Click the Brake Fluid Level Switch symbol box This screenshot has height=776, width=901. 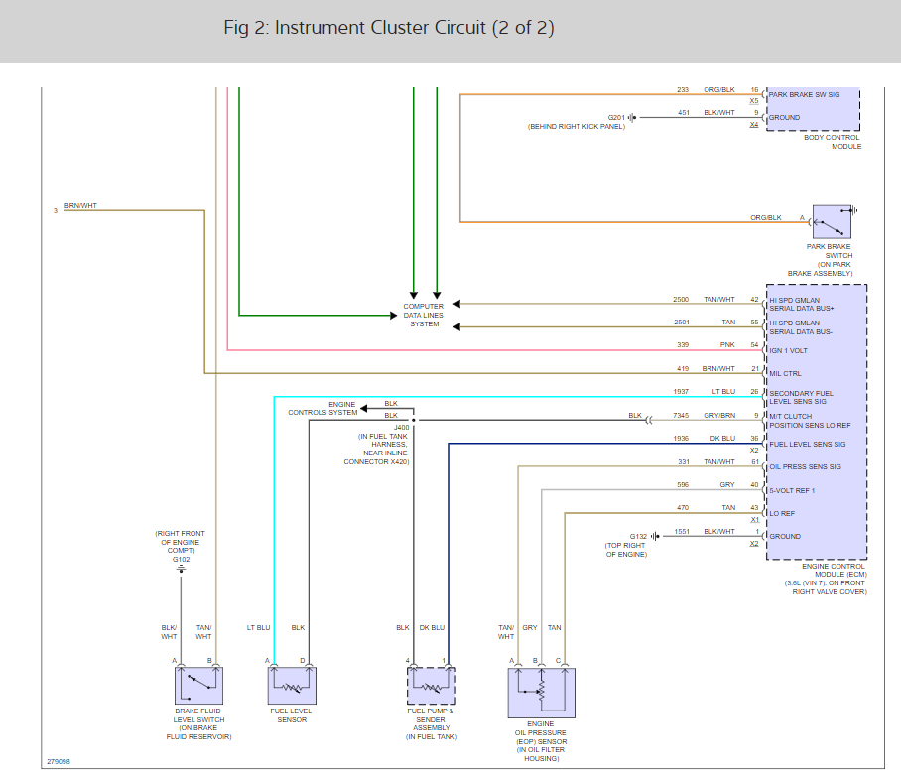pyautogui.click(x=198, y=685)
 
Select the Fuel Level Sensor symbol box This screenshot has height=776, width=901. pyautogui.click(x=292, y=685)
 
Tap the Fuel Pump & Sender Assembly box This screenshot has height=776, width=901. pyautogui.click(x=431, y=686)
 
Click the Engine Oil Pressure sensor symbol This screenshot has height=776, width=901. pyautogui.click(x=541, y=693)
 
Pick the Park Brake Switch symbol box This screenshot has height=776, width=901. pyautogui.click(x=832, y=222)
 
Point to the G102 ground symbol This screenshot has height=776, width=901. pyautogui.click(x=181, y=569)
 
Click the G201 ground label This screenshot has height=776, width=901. pyautogui.click(x=616, y=118)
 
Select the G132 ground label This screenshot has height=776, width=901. pyautogui.click(x=638, y=536)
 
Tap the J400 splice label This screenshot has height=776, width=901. pyautogui.click(x=401, y=427)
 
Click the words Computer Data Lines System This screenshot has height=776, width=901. pyautogui.click(x=424, y=315)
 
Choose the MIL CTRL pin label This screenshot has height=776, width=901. pyautogui.click(x=785, y=374)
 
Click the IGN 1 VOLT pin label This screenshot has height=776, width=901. pyautogui.click(x=788, y=350)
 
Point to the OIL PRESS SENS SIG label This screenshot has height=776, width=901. pyautogui.click(x=805, y=466)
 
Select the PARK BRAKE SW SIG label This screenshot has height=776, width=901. pyautogui.click(x=804, y=95)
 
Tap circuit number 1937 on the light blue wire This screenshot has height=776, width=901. pyautogui.click(x=681, y=391)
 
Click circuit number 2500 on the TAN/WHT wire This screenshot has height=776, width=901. pyautogui.click(x=681, y=300)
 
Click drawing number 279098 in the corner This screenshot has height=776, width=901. pyautogui.click(x=58, y=762)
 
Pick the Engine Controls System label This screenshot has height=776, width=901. pyautogui.click(x=322, y=408)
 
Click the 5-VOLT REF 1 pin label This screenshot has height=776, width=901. pyautogui.click(x=792, y=490)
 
